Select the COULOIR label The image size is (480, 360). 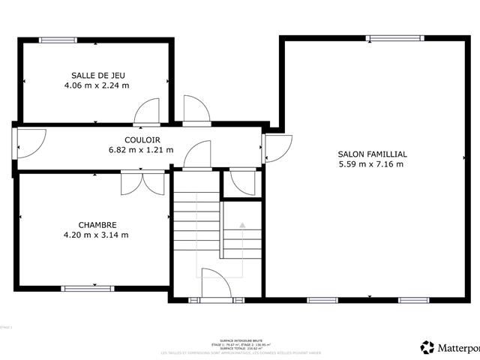142,139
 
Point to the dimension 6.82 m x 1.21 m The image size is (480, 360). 142,150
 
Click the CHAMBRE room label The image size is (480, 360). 97,224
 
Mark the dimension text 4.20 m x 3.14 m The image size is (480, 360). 97,235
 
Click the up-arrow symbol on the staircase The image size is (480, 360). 242,224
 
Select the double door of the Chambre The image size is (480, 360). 142,183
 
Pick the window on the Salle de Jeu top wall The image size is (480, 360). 57,40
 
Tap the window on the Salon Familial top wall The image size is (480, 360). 394,37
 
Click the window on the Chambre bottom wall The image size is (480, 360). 88,288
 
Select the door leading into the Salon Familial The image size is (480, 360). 276,147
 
